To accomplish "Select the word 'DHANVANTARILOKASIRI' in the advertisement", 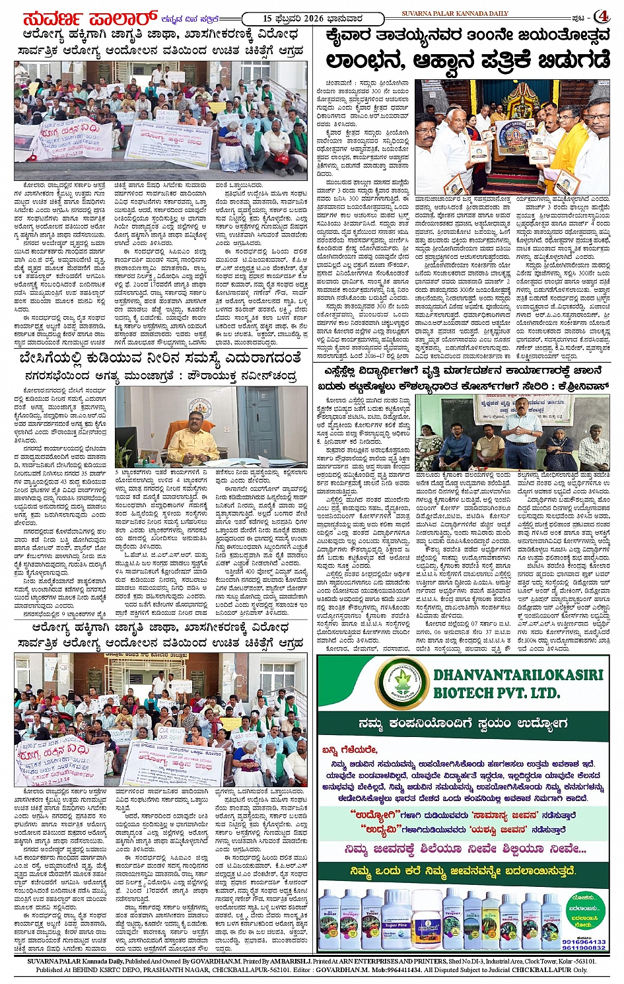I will coord(518,674).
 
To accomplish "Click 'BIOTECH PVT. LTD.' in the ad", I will coord(497,693).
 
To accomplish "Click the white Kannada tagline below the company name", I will coord(463,724).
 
